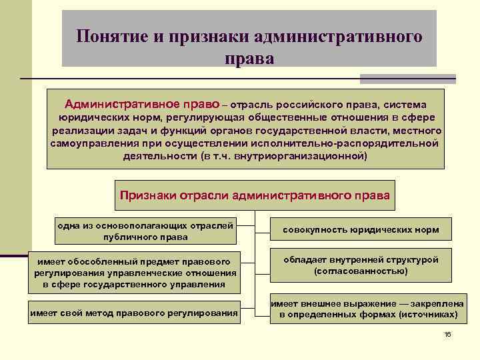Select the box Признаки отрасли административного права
pos(255,195)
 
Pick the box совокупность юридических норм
pos(361,230)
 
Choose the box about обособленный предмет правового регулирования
pos(133,272)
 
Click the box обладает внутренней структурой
pos(361,265)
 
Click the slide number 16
pos(447,334)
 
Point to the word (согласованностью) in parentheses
pos(361,271)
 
